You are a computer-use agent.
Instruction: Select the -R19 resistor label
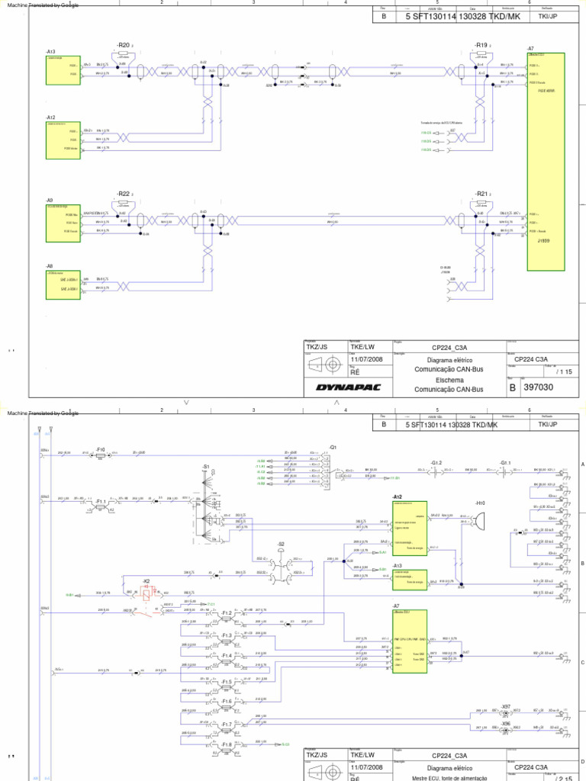(x=481, y=46)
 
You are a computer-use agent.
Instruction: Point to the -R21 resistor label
(x=481, y=194)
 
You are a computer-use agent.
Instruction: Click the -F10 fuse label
(x=101, y=450)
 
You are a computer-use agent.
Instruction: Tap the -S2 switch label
(x=281, y=544)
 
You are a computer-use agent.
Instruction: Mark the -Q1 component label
(x=332, y=447)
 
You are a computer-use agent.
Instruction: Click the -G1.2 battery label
(x=437, y=463)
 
